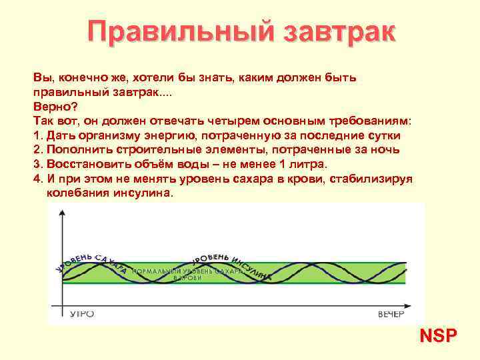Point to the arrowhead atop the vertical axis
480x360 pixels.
(62, 213)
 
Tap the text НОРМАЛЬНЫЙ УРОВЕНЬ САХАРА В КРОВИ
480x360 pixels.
(187, 275)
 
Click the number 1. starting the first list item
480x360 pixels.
(37, 135)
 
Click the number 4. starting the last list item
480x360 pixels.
(37, 179)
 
